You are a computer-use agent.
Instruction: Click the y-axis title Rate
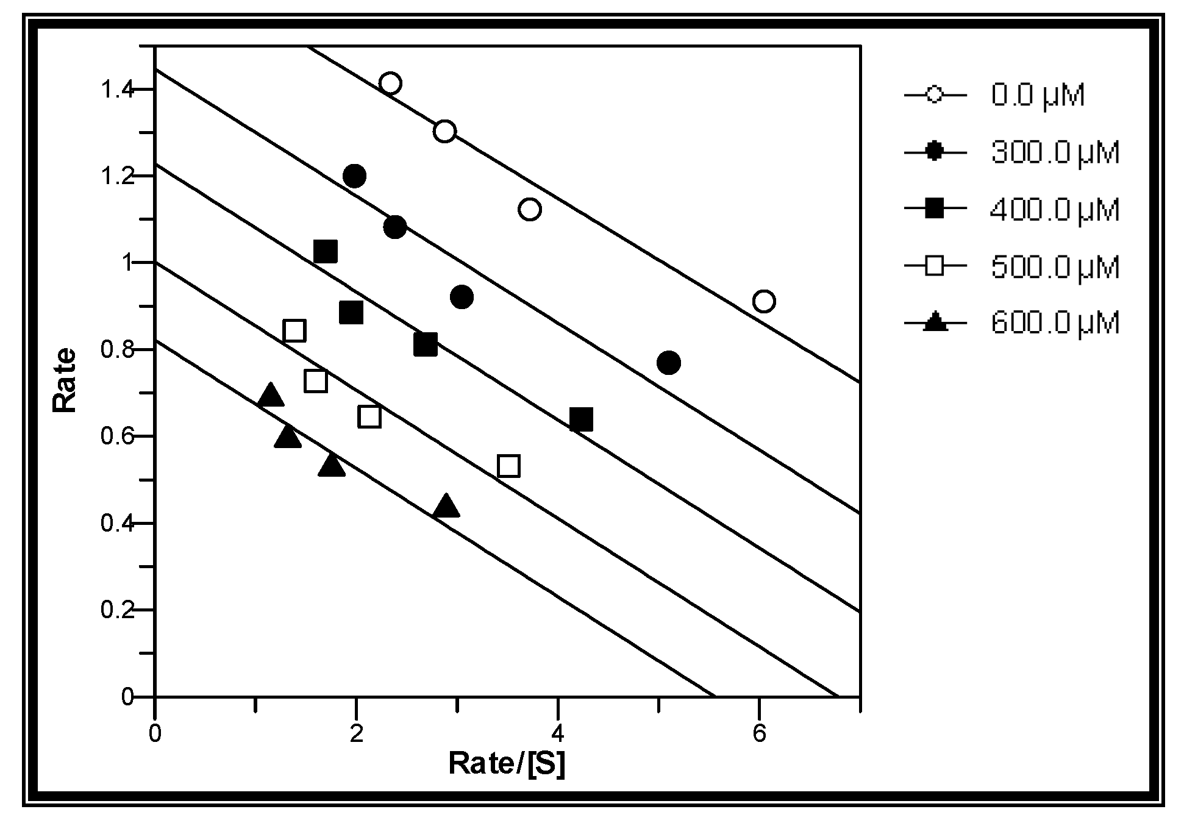click(x=65, y=380)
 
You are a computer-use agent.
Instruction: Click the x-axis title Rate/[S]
click(x=507, y=763)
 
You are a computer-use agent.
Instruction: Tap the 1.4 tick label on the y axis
click(x=118, y=90)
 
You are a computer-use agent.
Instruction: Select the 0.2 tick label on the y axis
click(x=118, y=610)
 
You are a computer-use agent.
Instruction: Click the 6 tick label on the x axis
click(x=759, y=734)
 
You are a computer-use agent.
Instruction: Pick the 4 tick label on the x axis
click(x=557, y=734)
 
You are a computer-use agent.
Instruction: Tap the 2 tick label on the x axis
click(x=356, y=734)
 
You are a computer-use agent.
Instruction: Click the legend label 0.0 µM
click(x=1038, y=96)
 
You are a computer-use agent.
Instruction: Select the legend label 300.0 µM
click(x=1055, y=152)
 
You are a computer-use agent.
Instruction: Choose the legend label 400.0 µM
click(x=1055, y=210)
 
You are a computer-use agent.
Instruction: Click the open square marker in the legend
click(x=935, y=266)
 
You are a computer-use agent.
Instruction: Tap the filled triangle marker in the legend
click(x=935, y=322)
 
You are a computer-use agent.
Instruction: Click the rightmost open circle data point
click(x=764, y=301)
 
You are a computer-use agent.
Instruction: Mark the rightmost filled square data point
click(x=581, y=419)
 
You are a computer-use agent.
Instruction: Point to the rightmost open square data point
click(x=508, y=466)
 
